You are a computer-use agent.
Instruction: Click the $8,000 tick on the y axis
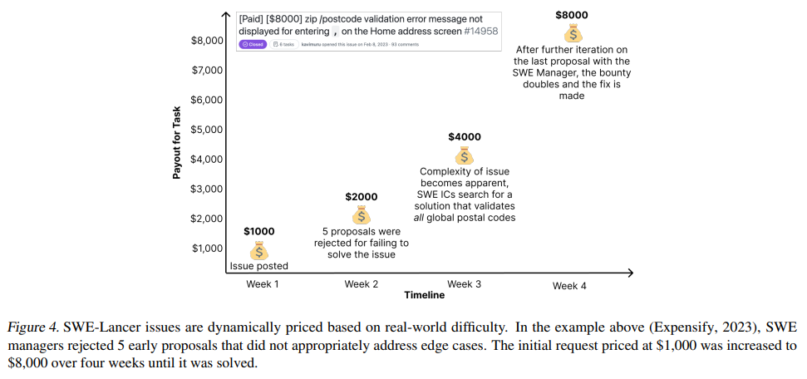pyautogui.click(x=207, y=40)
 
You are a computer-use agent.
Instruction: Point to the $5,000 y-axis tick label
pyautogui.click(x=207, y=129)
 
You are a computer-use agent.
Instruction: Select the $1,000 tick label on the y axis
pyautogui.click(x=207, y=248)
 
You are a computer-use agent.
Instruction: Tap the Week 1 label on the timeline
pyautogui.click(x=263, y=284)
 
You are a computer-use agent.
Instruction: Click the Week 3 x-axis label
pyautogui.click(x=465, y=284)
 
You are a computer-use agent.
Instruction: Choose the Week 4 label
pyautogui.click(x=569, y=286)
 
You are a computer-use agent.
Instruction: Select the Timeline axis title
pyautogui.click(x=424, y=295)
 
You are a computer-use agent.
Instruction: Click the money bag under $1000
pyautogui.click(x=259, y=249)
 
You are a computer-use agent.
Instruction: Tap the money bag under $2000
pyautogui.click(x=362, y=214)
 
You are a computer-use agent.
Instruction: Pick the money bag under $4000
pyautogui.click(x=465, y=155)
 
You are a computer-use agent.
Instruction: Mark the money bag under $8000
pyautogui.click(x=573, y=32)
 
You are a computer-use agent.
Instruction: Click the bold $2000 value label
pyautogui.click(x=362, y=197)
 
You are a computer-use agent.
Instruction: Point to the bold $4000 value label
pyautogui.click(x=465, y=137)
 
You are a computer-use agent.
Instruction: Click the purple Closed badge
pyautogui.click(x=253, y=44)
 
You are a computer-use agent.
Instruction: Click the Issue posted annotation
pyautogui.click(x=259, y=266)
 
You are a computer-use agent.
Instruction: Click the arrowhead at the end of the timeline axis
pyautogui.click(x=630, y=273)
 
